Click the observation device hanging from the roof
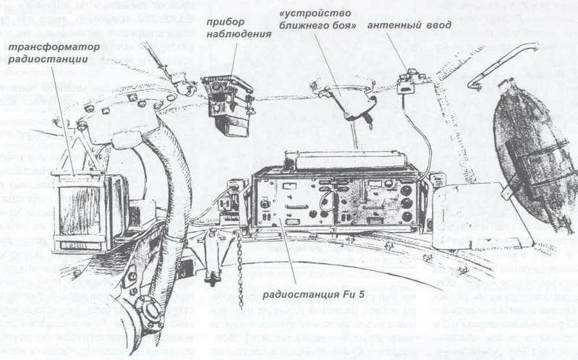pyautogui.click(x=228, y=106)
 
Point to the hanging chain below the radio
pyautogui.click(x=239, y=267)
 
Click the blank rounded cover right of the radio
pyautogui.click(x=474, y=210)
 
